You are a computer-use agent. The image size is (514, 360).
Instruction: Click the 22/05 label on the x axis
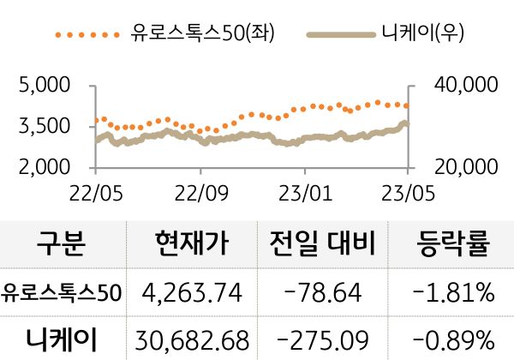pyautogui.click(x=94, y=188)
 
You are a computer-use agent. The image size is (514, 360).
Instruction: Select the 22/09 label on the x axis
pyautogui.click(x=200, y=188)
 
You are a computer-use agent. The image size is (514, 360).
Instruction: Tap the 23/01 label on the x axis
pyautogui.click(x=305, y=188)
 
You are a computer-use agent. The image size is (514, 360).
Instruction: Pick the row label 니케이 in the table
pyautogui.click(x=62, y=337)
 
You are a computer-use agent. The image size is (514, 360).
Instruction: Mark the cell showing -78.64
pyautogui.click(x=323, y=293)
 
